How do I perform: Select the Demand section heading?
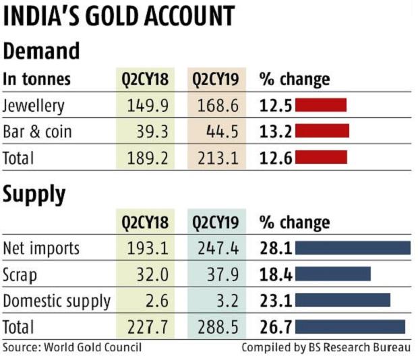click(x=41, y=51)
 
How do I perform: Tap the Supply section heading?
click(x=34, y=194)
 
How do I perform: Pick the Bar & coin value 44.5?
click(x=219, y=131)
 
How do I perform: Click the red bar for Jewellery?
click(x=320, y=105)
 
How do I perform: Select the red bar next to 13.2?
click(x=322, y=131)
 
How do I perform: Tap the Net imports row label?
click(x=41, y=248)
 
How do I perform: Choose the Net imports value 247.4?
click(x=219, y=248)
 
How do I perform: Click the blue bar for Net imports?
click(x=353, y=248)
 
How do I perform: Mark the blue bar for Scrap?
click(x=333, y=274)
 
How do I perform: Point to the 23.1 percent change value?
click(x=275, y=300)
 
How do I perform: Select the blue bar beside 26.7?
click(x=350, y=326)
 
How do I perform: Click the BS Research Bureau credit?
click(x=326, y=347)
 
